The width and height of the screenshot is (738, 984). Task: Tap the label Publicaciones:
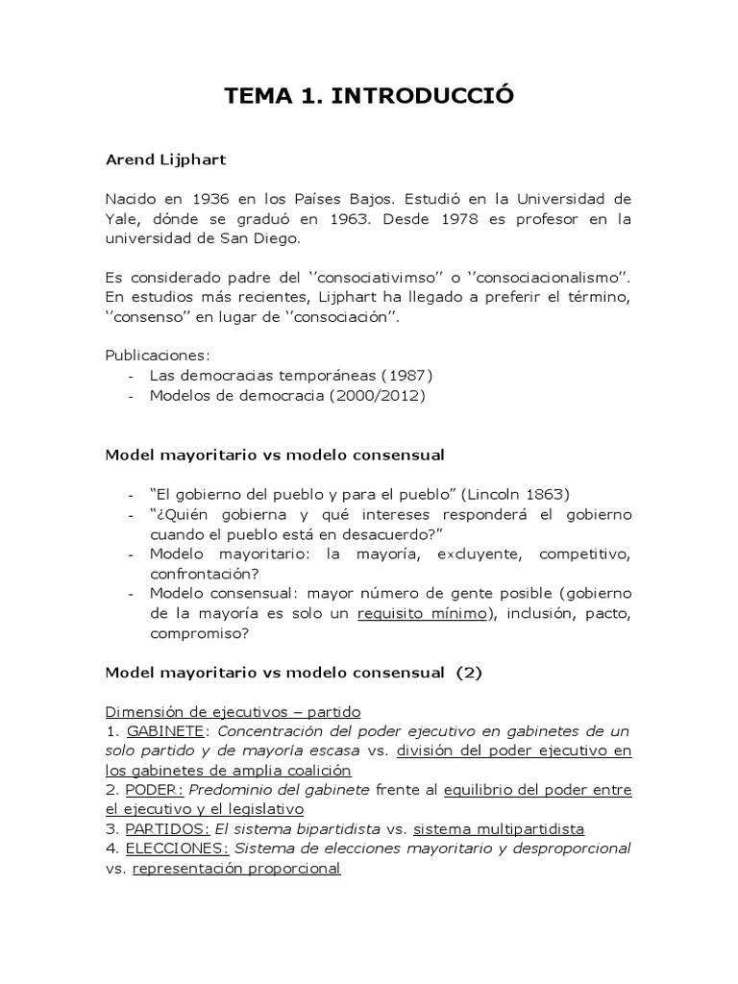156,355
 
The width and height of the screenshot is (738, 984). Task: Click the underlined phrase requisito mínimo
422,613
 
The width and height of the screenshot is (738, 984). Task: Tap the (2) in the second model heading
468,673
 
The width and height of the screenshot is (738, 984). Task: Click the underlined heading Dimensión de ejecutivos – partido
233,712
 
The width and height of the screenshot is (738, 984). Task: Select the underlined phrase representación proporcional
236,868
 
